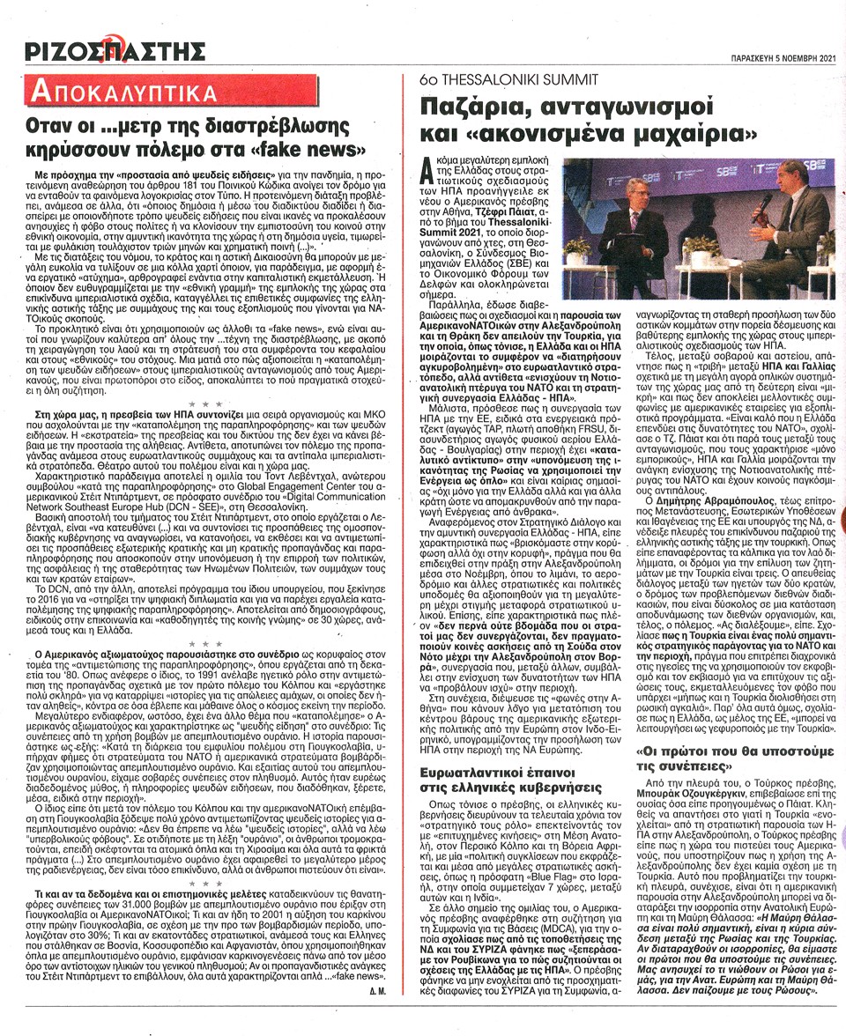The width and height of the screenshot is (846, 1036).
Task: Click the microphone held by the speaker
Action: [x=764, y=202]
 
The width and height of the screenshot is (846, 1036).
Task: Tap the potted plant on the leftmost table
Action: [x=577, y=248]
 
